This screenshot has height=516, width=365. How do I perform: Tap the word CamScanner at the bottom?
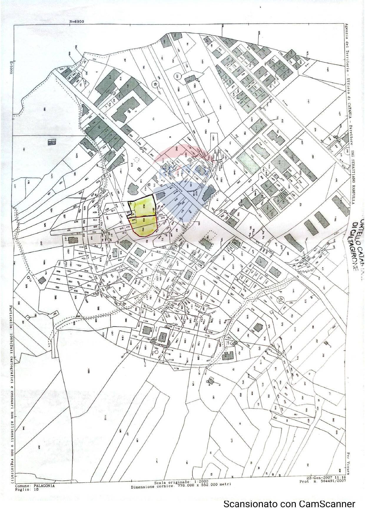click(x=327, y=504)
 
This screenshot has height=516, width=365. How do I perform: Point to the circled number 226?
click(x=177, y=76)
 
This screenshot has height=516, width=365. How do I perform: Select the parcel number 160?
click(x=44, y=110)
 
